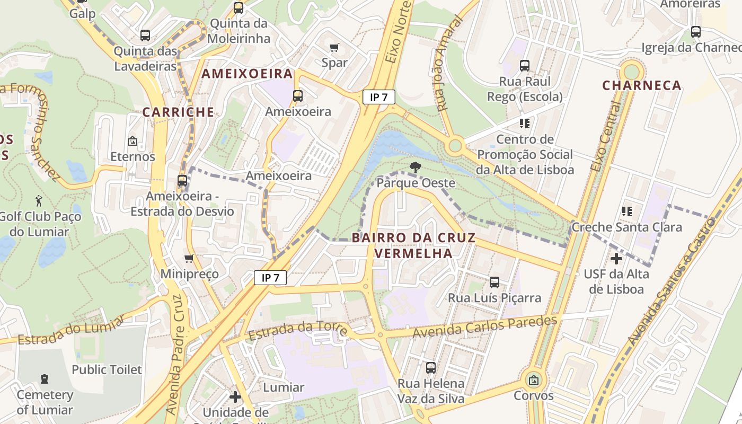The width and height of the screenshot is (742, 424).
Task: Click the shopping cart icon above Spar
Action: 334,48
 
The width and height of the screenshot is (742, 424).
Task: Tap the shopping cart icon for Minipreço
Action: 189,259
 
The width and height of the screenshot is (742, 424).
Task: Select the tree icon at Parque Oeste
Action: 416,167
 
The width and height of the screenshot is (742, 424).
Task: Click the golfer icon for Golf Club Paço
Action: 39,201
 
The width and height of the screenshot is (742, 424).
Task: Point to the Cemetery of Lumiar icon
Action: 45,379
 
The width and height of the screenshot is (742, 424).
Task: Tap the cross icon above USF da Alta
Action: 616,259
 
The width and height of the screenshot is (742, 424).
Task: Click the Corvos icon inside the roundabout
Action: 534,380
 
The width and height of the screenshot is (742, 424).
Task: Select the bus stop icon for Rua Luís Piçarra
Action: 494,282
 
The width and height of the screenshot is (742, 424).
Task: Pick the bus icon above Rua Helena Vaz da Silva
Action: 431,367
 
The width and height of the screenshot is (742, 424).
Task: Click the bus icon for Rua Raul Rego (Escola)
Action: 525,66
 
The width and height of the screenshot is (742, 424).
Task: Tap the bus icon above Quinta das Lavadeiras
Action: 145,36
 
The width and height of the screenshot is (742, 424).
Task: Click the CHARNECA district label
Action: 642,85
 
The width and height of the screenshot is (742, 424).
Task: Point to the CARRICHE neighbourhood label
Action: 178,112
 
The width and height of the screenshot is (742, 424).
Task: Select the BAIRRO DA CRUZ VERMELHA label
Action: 413,245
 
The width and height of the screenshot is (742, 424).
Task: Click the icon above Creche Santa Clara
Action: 627,211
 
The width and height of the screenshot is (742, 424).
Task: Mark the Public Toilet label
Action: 107,369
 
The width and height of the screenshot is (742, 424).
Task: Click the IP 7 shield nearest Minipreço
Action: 270,277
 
